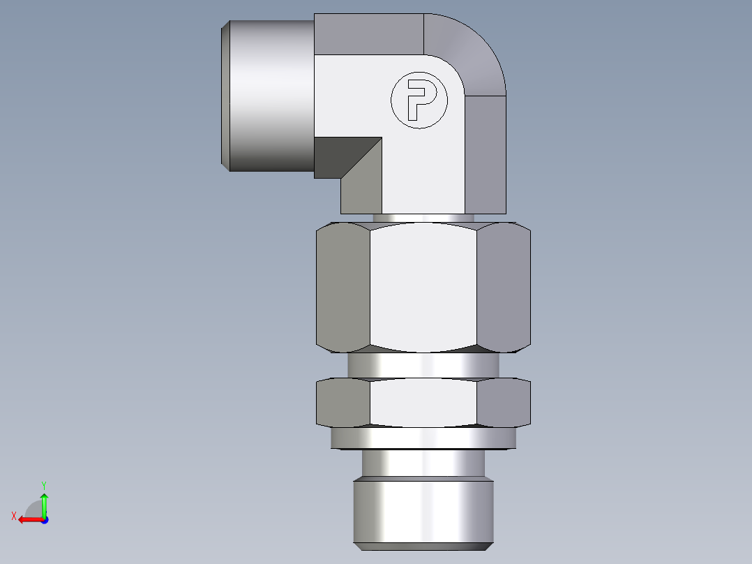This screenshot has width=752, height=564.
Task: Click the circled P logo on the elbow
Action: pos(417,101)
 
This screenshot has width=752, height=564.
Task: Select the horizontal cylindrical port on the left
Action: pos(269,96)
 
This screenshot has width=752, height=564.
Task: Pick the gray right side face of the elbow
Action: pos(486,154)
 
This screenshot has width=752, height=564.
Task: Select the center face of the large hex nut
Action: pos(424,286)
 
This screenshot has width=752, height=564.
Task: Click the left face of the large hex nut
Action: pos(343,286)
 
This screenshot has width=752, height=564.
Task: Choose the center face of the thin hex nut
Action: pos(424,403)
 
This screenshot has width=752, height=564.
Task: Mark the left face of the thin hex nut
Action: pos(343,403)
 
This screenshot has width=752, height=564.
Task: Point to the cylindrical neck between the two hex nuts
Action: pos(423,364)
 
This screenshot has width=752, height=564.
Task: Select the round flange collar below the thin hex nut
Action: pos(423,438)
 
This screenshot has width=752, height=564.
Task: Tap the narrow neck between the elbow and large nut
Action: pos(423,218)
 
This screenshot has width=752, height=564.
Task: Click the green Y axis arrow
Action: pos(44,503)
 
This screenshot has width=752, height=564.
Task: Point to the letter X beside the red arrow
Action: pos(14,516)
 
